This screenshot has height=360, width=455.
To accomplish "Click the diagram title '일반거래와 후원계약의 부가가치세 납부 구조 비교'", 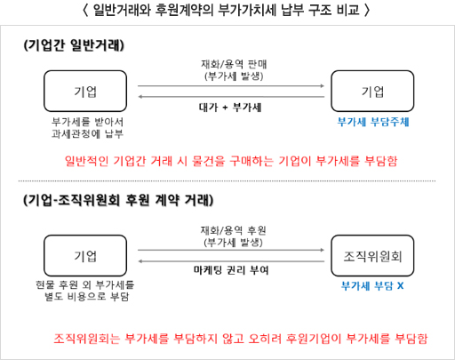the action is click(227, 10).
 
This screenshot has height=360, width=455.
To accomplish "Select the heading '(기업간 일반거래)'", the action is click(74, 45).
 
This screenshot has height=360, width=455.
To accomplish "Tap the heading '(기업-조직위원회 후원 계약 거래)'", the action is click(118, 200).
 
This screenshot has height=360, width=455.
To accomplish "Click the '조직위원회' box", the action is click(372, 256).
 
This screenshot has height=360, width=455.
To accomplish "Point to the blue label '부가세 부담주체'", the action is click(373, 122).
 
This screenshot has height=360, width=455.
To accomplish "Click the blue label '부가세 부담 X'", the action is click(372, 286).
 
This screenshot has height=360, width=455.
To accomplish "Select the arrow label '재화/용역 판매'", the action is click(234, 64).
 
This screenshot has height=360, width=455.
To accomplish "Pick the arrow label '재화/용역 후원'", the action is click(234, 230).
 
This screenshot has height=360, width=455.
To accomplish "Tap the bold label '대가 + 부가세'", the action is click(230, 108).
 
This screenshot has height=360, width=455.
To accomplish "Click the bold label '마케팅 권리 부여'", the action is click(231, 270).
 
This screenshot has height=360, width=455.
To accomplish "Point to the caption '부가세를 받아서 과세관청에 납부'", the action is click(87, 128).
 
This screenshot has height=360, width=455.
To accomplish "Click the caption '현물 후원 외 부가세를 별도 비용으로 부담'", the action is click(85, 291).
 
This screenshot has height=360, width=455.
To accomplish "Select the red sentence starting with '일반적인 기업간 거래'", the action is click(231, 161).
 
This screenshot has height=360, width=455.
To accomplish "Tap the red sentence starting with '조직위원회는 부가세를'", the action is click(241, 339).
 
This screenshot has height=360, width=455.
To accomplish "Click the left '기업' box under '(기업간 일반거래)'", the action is click(85, 91).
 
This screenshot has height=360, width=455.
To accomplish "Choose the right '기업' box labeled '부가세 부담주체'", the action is click(372, 91).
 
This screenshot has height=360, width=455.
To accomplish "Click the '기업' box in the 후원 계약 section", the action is click(85, 256).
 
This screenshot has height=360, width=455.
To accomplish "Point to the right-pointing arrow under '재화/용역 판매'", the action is click(231, 86).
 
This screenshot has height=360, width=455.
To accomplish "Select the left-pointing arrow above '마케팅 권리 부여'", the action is click(231, 261).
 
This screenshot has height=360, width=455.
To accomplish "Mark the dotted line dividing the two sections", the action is click(227, 180).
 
